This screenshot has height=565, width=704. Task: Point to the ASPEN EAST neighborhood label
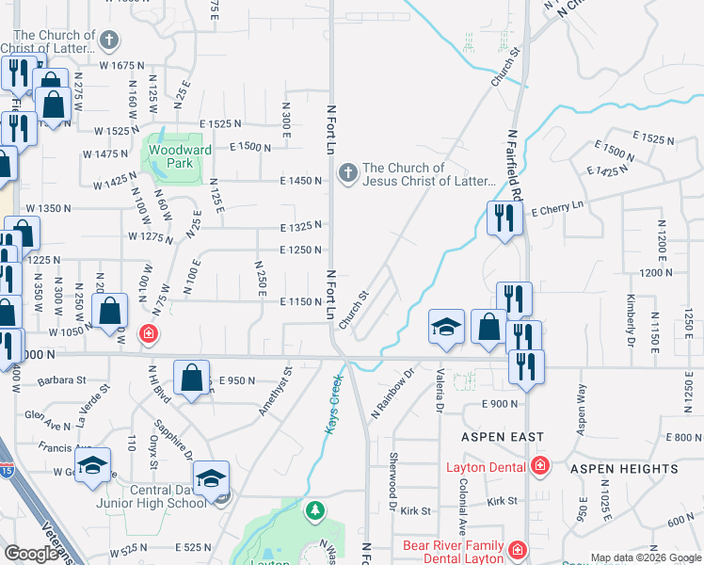coord(502,437)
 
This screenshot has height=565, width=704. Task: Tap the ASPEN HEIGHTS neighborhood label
coord(636,469)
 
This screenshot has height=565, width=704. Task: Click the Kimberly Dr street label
coord(631,320)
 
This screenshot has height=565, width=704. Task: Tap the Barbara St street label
coord(61,381)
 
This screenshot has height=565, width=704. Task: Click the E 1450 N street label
coord(301,180)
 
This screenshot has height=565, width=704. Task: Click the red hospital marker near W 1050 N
coord(148,333)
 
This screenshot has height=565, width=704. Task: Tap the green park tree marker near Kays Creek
coord(315,510)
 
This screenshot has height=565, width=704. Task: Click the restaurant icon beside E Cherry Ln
coord(504,218)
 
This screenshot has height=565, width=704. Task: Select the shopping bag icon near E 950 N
coord(191,378)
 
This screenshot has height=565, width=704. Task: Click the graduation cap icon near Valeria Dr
coord(446,326)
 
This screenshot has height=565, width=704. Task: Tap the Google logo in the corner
coord(32,554)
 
